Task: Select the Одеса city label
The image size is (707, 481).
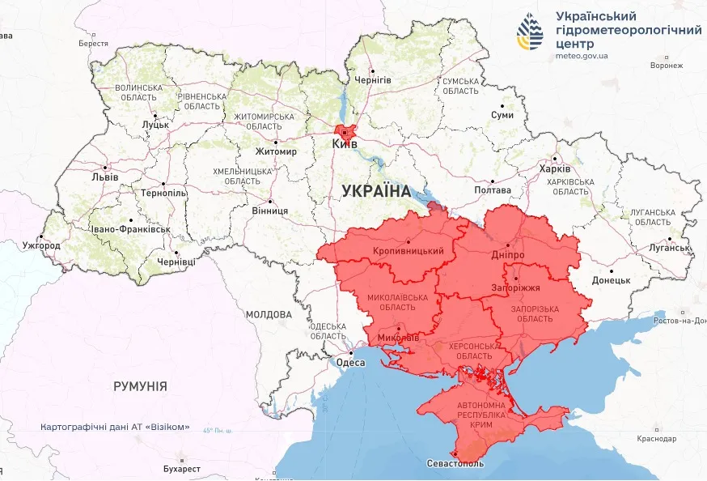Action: point(350,363)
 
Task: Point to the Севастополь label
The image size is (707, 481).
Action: point(455,464)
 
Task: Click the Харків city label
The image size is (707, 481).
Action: point(555,168)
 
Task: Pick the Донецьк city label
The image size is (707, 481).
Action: point(611,280)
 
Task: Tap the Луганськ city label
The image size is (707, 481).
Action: point(668,248)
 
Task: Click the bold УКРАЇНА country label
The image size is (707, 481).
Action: point(376,191)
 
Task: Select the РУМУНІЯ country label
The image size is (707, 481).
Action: point(140,386)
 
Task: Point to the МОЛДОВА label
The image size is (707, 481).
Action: point(268,314)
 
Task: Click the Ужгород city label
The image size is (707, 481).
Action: point(41,245)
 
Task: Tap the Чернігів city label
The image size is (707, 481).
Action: point(373,80)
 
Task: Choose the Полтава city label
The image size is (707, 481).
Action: point(493,190)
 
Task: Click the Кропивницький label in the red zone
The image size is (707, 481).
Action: point(409,251)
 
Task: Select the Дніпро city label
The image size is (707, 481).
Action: point(507,254)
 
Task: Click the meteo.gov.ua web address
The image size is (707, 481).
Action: point(582,56)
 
